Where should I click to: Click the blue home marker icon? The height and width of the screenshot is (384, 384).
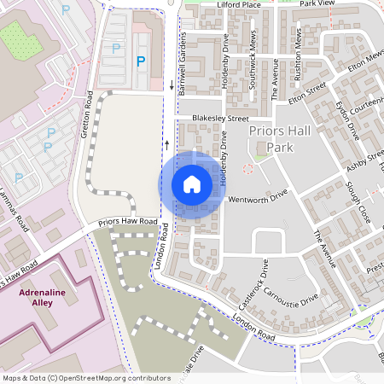coord(191,183)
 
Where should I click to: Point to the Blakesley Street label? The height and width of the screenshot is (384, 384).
coord(220,119)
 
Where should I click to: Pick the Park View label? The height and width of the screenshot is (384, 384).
coord(317,4)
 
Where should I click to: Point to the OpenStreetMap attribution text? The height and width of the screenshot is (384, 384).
coord(86,377)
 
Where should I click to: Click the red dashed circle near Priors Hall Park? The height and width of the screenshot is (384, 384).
coord(248,169)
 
